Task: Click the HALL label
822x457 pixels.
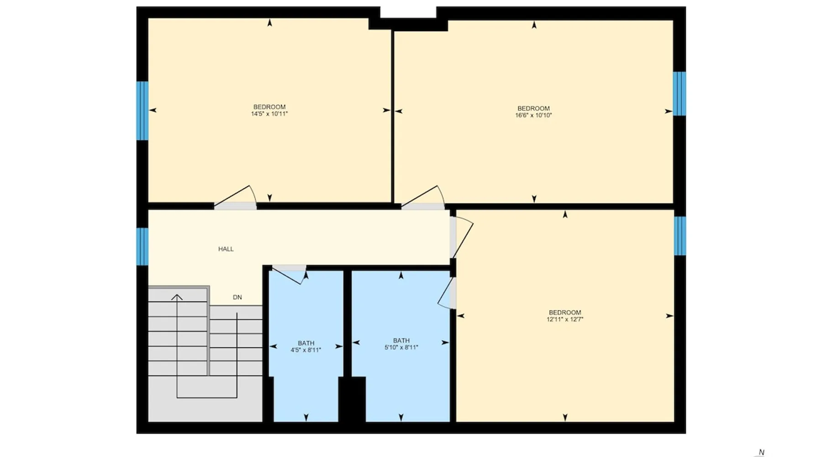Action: coord(226,249)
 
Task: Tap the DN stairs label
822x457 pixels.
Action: coord(237,297)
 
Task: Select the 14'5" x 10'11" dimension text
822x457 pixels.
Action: coord(269,114)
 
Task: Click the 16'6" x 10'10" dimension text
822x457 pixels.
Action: coord(533,115)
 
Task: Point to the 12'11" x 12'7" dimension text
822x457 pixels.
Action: coord(565,319)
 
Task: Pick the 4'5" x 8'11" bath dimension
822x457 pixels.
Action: coord(306,350)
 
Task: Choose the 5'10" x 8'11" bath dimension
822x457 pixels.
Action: coord(401,347)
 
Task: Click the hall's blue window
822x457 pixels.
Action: coord(142,246)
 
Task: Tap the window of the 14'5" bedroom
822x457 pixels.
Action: coord(142,111)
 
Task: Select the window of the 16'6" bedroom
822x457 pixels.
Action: coord(680,93)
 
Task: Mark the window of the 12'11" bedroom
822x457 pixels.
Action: coord(680,236)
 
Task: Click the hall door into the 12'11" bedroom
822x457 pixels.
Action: coord(461,238)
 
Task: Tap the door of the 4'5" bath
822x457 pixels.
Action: coord(289,274)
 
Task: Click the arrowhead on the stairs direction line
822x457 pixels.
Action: coord(177,298)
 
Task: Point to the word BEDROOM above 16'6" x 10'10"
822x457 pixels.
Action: coord(533,108)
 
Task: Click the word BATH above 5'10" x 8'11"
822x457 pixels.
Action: coord(401,340)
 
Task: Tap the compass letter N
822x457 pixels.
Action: coord(761,452)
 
